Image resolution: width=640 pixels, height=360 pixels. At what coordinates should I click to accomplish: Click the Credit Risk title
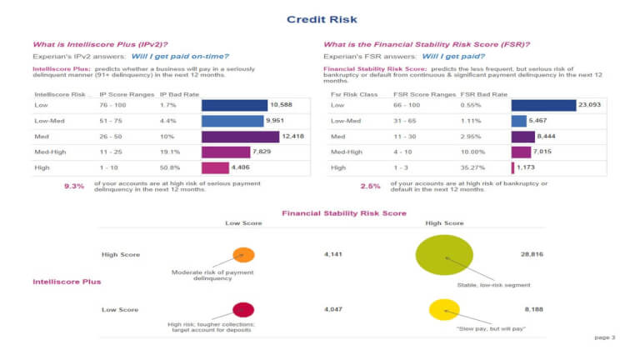(319, 18)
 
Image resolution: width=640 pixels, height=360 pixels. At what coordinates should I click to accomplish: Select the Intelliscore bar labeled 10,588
(234, 105)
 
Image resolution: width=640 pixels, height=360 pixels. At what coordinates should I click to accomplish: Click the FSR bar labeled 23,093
(543, 105)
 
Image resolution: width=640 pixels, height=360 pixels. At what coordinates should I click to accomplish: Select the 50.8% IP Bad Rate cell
(170, 167)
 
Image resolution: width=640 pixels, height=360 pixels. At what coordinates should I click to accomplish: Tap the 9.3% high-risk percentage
(74, 186)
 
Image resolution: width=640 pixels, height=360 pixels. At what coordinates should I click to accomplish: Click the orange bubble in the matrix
(244, 255)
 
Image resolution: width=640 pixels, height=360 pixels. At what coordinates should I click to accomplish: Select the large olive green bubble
(444, 255)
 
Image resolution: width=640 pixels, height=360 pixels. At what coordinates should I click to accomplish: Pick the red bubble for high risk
(243, 309)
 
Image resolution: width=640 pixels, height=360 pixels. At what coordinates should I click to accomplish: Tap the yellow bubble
(443, 309)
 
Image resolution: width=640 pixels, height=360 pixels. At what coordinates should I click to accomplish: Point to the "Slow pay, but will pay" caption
(490, 330)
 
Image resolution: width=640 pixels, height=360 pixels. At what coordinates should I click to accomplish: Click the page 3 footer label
(604, 337)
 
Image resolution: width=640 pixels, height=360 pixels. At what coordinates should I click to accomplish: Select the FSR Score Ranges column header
(425, 94)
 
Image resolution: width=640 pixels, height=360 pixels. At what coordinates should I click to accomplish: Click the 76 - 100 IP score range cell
(112, 105)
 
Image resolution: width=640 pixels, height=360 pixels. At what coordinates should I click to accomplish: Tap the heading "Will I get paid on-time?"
(180, 56)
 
